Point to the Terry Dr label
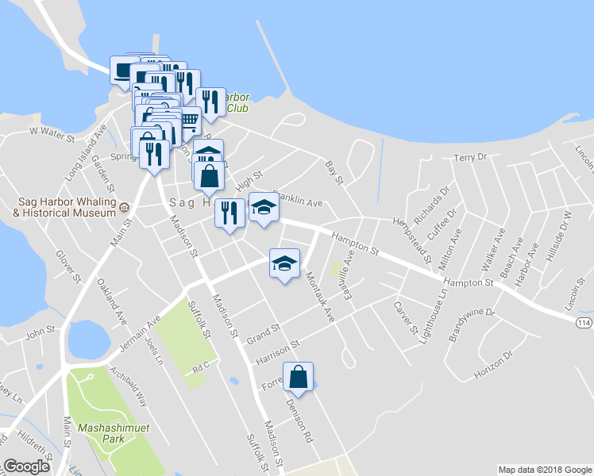469,157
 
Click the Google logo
27,466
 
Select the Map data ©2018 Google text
544,470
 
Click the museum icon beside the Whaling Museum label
125,208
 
